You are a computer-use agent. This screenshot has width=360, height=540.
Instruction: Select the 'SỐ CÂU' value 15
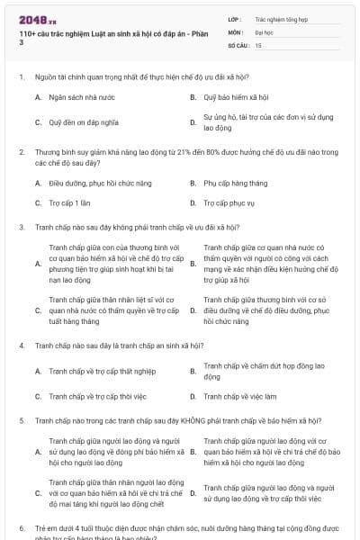258,44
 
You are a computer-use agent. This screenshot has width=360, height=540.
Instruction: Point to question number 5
21,420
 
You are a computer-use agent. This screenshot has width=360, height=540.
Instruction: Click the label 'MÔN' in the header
236,31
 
